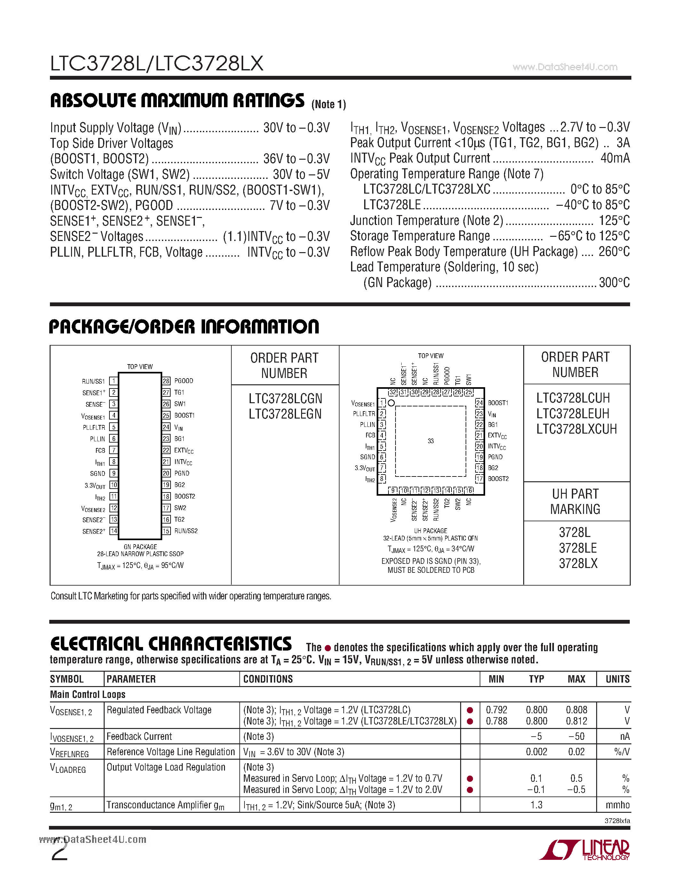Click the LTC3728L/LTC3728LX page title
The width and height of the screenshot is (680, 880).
(x=157, y=64)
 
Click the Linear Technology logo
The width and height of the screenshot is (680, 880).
(x=585, y=850)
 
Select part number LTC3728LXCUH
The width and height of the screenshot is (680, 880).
(x=576, y=429)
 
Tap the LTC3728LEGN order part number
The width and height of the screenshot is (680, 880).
(x=285, y=414)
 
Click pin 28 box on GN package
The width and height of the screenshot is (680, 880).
(x=166, y=381)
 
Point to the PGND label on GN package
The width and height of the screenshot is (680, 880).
(x=182, y=474)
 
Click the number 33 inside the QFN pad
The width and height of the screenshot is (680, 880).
(x=431, y=441)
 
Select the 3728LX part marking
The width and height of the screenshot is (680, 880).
(x=578, y=563)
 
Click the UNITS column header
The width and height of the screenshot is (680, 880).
(x=617, y=679)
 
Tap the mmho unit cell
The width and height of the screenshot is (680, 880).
(x=617, y=805)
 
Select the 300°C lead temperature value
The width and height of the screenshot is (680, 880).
(x=614, y=283)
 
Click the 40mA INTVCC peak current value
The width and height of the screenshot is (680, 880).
(x=615, y=158)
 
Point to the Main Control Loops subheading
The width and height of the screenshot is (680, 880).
(x=87, y=694)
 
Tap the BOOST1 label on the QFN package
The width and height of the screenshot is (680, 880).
(x=498, y=403)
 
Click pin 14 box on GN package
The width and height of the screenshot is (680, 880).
(x=114, y=531)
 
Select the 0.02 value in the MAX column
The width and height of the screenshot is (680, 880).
(x=576, y=752)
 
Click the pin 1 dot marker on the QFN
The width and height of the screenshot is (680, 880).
(x=391, y=403)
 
